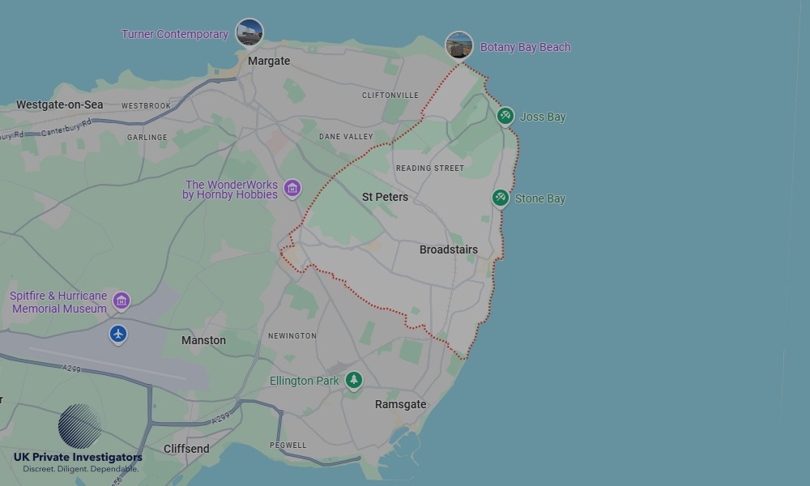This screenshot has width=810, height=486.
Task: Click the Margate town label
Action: coord(268,61)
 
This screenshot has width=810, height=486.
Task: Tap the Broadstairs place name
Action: coord(448,249)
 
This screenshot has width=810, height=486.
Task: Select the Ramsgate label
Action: coord(400,404)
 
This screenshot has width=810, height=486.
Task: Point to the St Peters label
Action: coord(385,197)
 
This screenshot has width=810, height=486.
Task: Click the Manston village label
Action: coord(203,340)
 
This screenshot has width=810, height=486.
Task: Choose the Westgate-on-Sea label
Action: coord(59,104)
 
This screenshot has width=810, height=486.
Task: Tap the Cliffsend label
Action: coord(186,449)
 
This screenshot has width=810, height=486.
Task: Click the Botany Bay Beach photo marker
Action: coord(459,45)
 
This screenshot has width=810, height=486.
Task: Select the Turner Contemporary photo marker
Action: coord(249,32)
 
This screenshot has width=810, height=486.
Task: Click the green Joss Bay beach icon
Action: coord(505,116)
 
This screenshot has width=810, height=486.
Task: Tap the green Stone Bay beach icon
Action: coord(501,198)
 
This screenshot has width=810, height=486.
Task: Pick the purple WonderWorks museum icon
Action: coord(292,189)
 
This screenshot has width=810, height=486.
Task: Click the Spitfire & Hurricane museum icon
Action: coord(122,301)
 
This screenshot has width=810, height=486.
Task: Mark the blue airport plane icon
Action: coord(118,333)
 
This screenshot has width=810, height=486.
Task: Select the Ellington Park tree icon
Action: coord(353,379)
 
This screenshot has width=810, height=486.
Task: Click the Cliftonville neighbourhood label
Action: coord(390,95)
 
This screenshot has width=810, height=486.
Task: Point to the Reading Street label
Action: coord(429,168)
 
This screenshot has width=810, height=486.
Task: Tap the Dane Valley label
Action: coord(346,137)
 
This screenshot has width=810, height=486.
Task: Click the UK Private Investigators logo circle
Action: coord(80,426)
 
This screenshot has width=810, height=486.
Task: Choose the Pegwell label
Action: coord(288,445)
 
